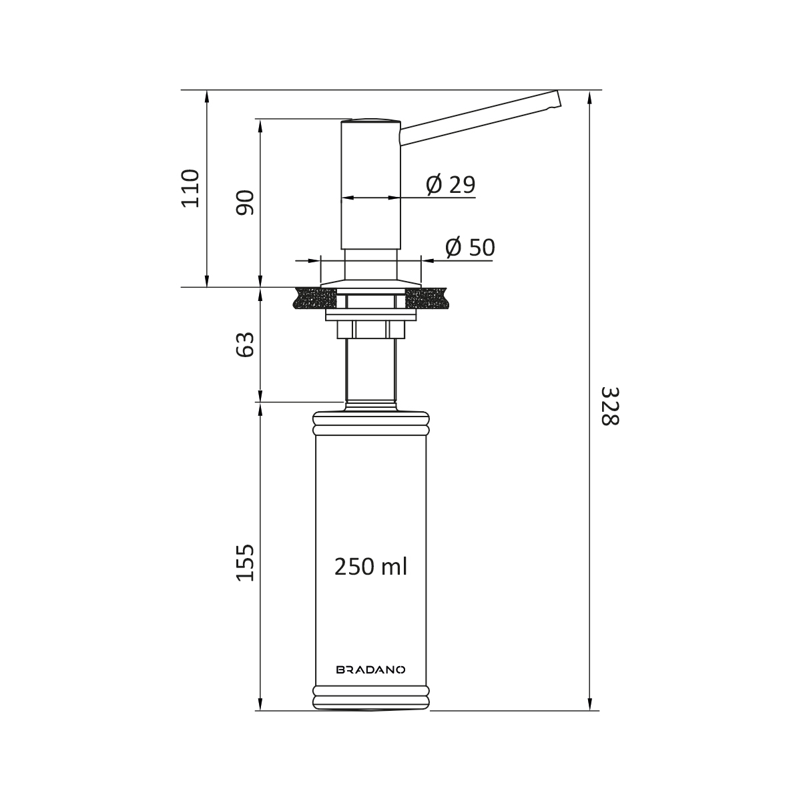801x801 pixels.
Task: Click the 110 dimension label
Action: pos(190,188)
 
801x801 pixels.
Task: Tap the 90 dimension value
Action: pos(245,202)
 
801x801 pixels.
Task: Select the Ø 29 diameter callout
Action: pos(451,184)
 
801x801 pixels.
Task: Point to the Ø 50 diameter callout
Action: pos(470,247)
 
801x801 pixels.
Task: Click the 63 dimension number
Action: pos(245,344)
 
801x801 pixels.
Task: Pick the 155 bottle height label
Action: pos(245,563)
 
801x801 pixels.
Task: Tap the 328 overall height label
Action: pos(610,406)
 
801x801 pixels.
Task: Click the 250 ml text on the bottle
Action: pos(370,567)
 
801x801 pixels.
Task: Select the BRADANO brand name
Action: pos(370,658)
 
